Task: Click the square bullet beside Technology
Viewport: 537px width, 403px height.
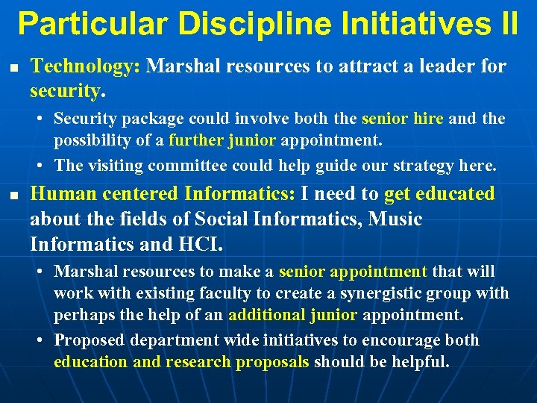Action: pos(12,68)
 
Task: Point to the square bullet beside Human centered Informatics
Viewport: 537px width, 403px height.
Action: pos(12,196)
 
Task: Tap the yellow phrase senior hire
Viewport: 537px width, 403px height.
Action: pos(403,119)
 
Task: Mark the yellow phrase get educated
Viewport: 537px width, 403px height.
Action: pos(439,194)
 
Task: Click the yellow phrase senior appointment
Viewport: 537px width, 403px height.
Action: pos(353,272)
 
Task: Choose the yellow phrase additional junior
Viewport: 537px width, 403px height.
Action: pos(292,314)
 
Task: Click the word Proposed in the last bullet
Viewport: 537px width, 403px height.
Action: pos(91,340)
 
